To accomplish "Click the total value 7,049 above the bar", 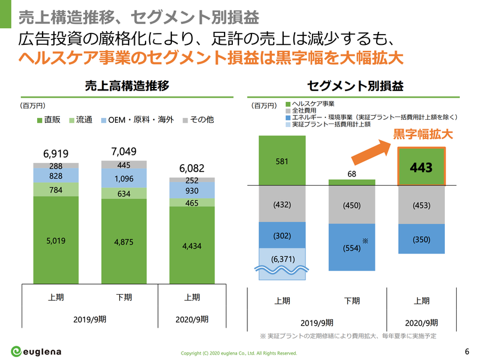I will [x=124, y=151].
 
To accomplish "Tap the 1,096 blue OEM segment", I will [x=124, y=178].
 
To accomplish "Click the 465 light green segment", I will [x=192, y=203].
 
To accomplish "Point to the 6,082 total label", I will [x=192, y=168].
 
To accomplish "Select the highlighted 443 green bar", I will [x=422, y=167].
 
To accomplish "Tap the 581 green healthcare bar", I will [x=282, y=161].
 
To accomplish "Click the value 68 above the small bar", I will [x=351, y=174].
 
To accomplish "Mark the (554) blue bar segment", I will [x=351, y=246].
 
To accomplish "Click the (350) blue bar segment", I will [x=422, y=240].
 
